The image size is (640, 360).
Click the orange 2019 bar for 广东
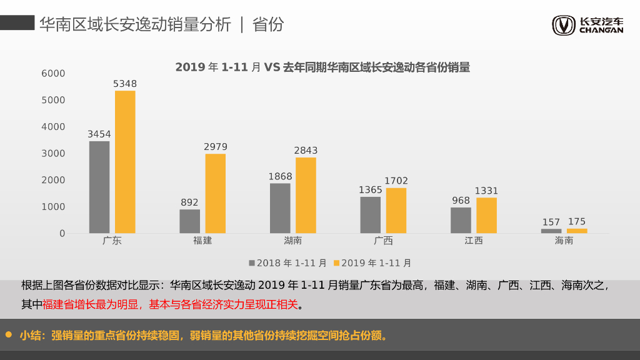pyautogui.click(x=125, y=162)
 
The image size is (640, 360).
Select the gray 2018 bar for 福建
pyautogui.click(x=190, y=221)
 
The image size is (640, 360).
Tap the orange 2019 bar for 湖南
pyautogui.click(x=306, y=195)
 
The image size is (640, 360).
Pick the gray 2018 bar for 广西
pyautogui.click(x=370, y=215)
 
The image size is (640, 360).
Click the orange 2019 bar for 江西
pyautogui.click(x=486, y=216)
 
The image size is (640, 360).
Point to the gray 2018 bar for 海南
pyautogui.click(x=551, y=231)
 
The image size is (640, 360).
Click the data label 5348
pyautogui.click(x=125, y=84)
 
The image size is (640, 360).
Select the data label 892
pyautogui.click(x=189, y=202)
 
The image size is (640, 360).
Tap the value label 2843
pyautogui.click(x=306, y=151)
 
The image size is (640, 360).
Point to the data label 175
pyautogui.click(x=577, y=222)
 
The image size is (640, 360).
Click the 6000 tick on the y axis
pyautogui.click(x=53, y=74)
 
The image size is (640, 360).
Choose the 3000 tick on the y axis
pyautogui.click(x=53, y=153)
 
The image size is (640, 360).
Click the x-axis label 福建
pyautogui.click(x=203, y=241)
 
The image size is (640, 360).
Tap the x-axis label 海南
pyautogui.click(x=564, y=241)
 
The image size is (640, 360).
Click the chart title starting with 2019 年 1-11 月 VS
pyautogui.click(x=322, y=67)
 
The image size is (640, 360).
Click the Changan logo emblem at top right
pyautogui.click(x=564, y=26)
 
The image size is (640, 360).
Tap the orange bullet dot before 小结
pyautogui.click(x=9, y=335)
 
